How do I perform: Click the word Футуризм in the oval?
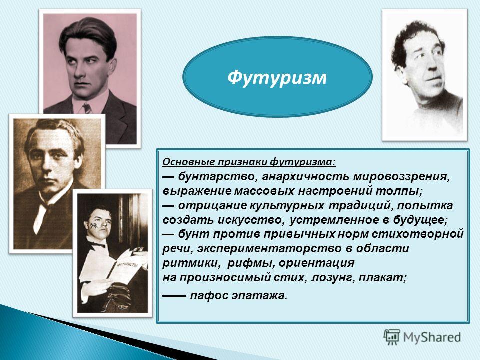277,78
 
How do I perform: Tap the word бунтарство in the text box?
216,176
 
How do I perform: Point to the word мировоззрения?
401,176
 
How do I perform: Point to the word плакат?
382,277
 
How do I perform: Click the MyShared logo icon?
392,337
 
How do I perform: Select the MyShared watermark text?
432,337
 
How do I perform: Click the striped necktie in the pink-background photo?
87,108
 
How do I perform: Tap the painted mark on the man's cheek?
94,226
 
